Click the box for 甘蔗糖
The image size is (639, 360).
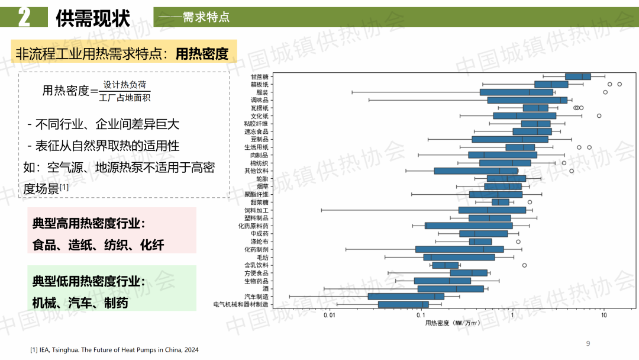coord(577,76)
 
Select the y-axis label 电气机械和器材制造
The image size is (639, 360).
coord(241,304)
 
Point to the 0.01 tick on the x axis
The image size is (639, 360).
coord(330,316)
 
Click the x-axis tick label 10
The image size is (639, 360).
coord(603,316)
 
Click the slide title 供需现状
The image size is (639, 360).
coord(93,18)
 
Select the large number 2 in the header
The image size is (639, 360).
coord(24,18)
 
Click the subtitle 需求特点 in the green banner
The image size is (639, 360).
coord(206,18)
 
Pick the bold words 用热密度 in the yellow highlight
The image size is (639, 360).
coord(202,54)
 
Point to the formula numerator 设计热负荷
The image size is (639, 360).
coord(124,85)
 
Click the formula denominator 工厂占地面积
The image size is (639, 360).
coord(124,97)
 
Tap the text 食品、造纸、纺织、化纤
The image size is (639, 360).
coord(98,245)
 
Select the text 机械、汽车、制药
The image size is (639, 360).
coord(80,303)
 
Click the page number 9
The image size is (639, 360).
coord(588,343)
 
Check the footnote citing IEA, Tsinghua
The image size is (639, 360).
coord(114,350)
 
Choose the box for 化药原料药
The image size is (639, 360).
coord(469,226)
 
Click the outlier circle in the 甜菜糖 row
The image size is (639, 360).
coord(530,202)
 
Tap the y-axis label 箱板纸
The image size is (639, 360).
coord(259,85)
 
